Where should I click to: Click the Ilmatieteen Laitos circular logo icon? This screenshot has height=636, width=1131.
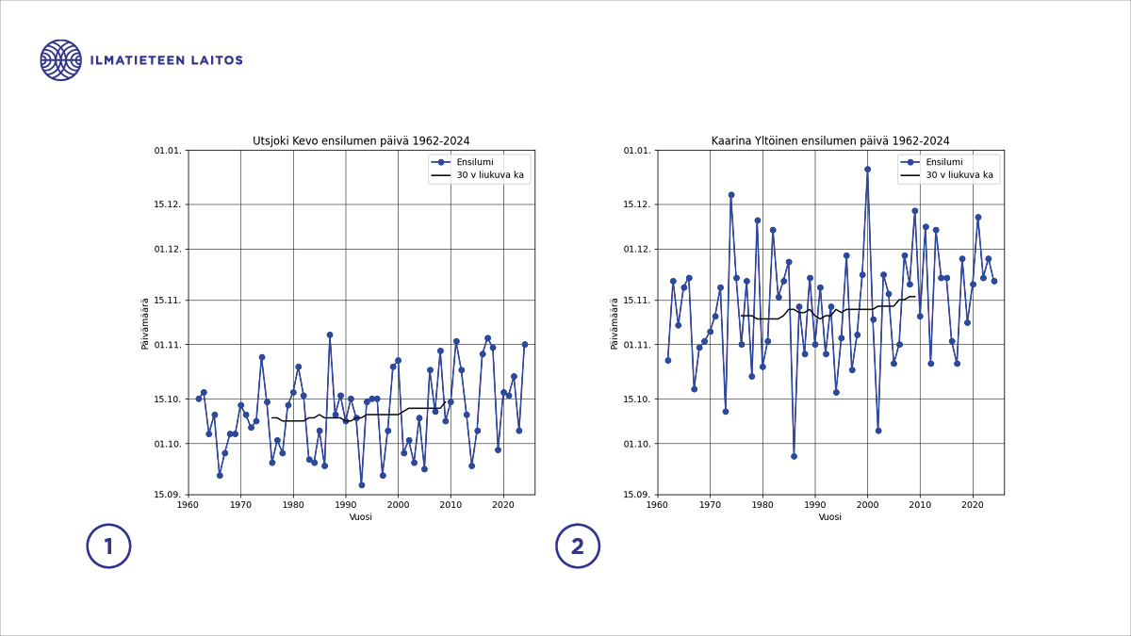click(x=60, y=60)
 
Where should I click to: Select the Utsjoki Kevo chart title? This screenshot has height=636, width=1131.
click(x=361, y=141)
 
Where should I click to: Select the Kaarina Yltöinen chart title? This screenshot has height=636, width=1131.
click(x=830, y=141)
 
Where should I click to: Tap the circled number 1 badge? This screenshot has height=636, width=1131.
click(x=108, y=546)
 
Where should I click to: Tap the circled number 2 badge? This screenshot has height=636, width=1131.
click(x=578, y=546)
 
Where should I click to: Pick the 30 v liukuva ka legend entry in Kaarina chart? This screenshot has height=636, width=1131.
click(x=959, y=175)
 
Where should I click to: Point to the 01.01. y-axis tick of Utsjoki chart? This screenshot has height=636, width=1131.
click(x=167, y=151)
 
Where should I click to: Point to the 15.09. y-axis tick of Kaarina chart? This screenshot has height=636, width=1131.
click(x=636, y=495)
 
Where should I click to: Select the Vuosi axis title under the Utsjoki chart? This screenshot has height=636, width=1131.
click(x=361, y=517)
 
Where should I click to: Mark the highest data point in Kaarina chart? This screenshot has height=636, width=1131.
click(x=867, y=170)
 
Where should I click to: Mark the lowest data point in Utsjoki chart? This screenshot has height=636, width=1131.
click(x=362, y=485)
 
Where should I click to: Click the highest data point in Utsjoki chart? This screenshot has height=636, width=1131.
click(x=330, y=334)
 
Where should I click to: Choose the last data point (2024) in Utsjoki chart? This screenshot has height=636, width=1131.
click(x=525, y=345)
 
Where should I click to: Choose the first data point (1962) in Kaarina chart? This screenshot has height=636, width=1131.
click(x=668, y=360)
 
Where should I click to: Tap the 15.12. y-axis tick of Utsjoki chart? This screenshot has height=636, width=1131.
click(x=167, y=204)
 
